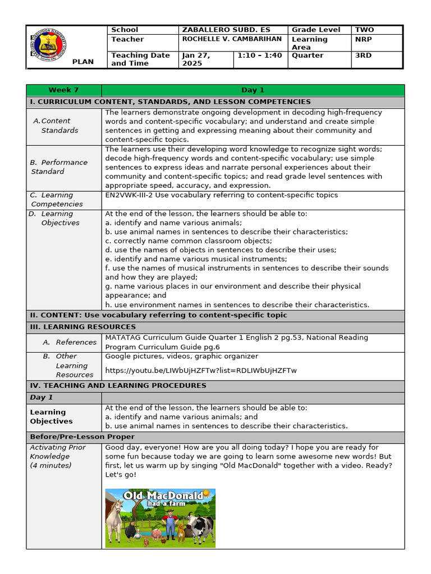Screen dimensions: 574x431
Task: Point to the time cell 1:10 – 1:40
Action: click(x=259, y=55)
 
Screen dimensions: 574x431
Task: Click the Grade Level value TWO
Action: click(x=364, y=30)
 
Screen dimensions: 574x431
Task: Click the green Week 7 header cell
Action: click(x=64, y=90)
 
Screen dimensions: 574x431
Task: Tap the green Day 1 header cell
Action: click(x=253, y=90)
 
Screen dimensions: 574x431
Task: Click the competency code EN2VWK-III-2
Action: click(x=131, y=195)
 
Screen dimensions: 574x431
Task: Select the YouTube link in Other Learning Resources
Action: click(x=200, y=371)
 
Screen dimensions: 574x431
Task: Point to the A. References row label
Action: click(x=70, y=342)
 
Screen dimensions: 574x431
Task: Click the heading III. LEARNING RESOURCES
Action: click(x=83, y=327)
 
